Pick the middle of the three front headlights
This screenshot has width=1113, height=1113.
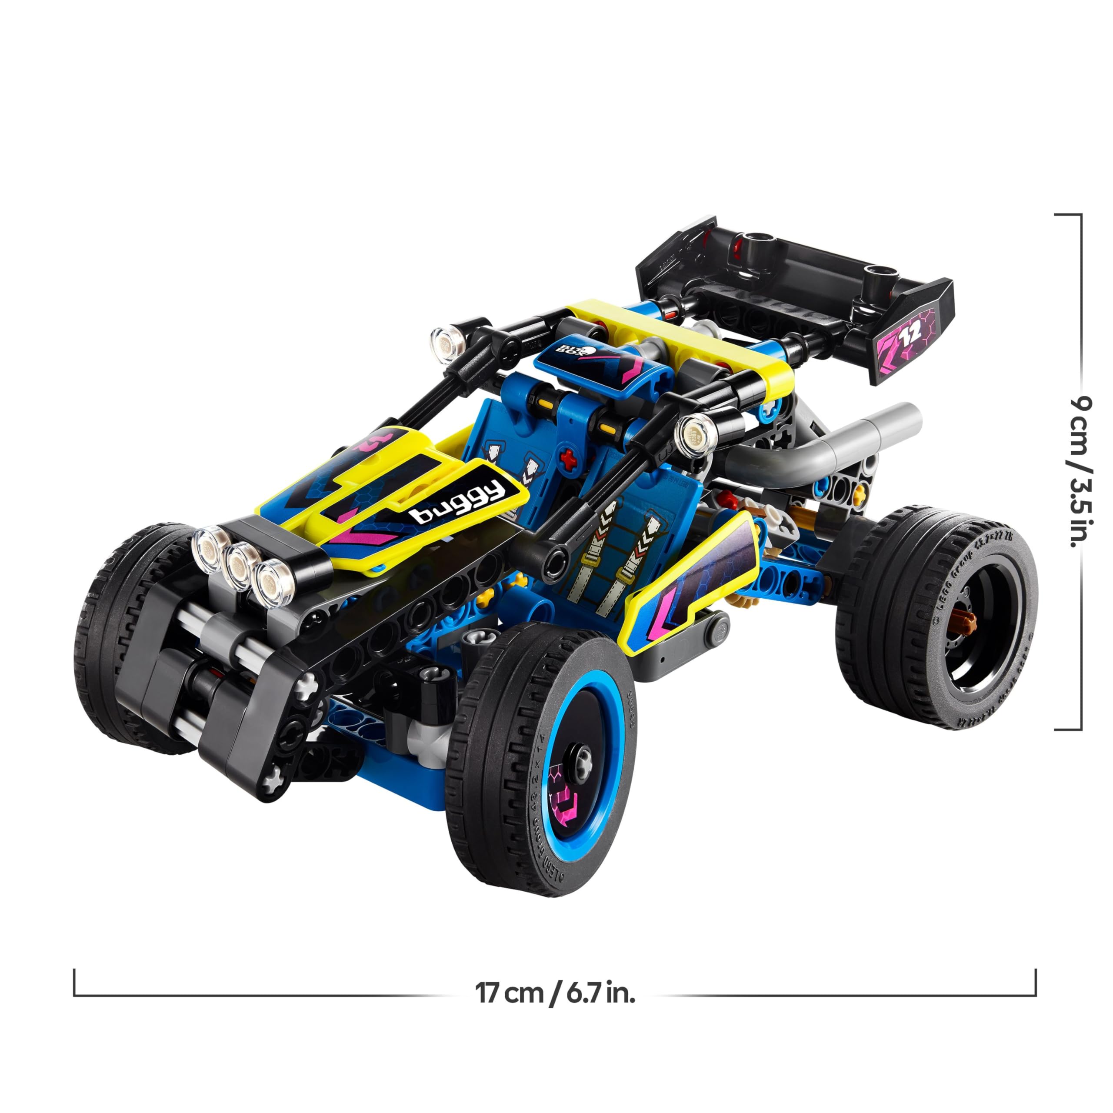241,567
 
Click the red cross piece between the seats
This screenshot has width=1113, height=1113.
569,460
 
